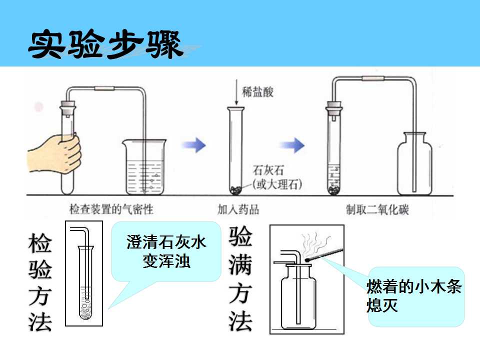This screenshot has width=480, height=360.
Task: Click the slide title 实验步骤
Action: pyautogui.click(x=105, y=44)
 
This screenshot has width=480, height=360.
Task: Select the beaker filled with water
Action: pyautogui.click(x=144, y=167)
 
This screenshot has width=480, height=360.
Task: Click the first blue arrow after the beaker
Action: pyautogui.click(x=194, y=145)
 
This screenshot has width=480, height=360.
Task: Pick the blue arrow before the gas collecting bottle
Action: pyautogui.click(x=292, y=145)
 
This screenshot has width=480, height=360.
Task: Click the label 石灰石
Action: pyautogui.click(x=268, y=170)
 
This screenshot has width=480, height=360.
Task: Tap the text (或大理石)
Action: pyautogui.click(x=277, y=184)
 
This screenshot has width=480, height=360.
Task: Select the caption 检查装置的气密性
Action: pyautogui.click(x=111, y=209)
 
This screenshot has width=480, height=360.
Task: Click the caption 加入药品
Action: pyautogui.click(x=238, y=209)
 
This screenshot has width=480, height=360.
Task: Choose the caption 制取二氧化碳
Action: pyautogui.click(x=377, y=209)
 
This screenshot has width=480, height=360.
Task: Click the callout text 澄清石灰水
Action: pyautogui.click(x=166, y=242)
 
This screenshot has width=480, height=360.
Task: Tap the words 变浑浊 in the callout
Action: pyautogui.click(x=166, y=261)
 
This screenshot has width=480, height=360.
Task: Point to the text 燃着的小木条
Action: pyautogui.click(x=414, y=286)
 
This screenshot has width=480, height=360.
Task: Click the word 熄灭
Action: pyautogui.click(x=382, y=305)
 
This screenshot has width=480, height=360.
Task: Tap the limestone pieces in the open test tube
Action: pyautogui.click(x=236, y=190)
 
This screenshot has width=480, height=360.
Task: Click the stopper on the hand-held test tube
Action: pyautogui.click(x=67, y=108)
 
